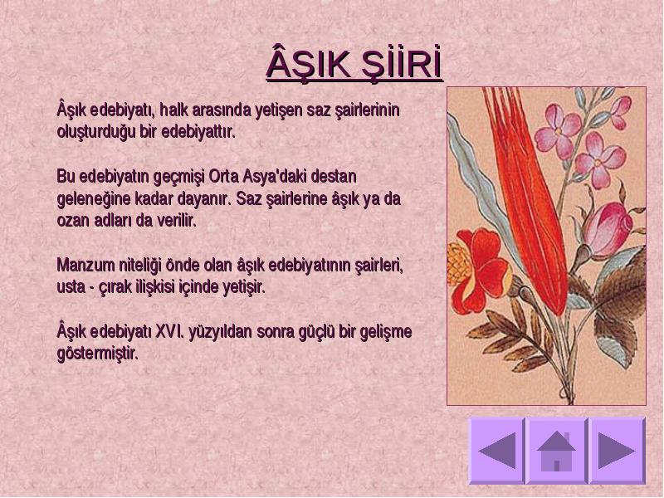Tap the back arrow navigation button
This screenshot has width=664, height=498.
(496, 451)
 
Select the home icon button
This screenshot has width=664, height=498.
(557, 451)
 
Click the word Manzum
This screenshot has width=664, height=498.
(86, 266)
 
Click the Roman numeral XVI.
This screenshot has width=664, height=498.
(169, 331)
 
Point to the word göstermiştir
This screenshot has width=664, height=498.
(98, 354)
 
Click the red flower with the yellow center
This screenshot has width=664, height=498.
(479, 269)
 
